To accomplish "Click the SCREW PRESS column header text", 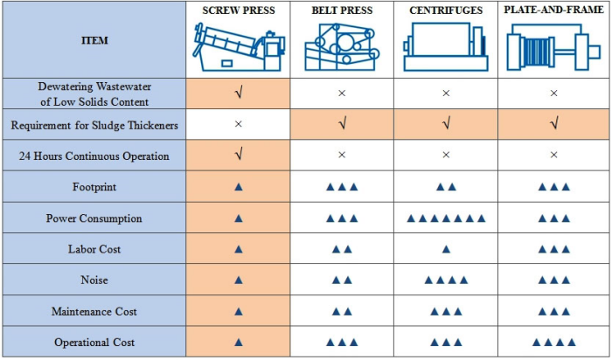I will click(238, 10).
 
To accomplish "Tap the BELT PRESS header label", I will click(342, 10).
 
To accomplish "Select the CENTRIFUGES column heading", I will click(446, 10).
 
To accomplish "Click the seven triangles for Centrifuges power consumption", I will click(446, 218).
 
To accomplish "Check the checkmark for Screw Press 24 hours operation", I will click(238, 156).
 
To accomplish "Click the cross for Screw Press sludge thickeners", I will click(238, 125).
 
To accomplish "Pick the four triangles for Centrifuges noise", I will click(446, 280).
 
